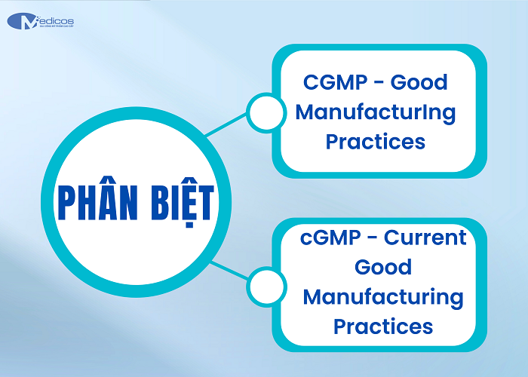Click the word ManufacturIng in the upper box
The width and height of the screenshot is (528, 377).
click(x=376, y=112)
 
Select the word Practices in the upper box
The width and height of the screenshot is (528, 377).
click(x=376, y=142)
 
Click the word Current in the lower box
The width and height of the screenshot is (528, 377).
click(x=425, y=238)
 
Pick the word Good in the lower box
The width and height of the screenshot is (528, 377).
click(x=383, y=268)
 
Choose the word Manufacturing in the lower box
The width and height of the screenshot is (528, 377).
click(x=383, y=297)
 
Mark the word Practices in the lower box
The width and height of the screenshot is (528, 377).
click(x=383, y=326)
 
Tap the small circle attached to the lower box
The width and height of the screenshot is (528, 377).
click(x=263, y=287)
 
